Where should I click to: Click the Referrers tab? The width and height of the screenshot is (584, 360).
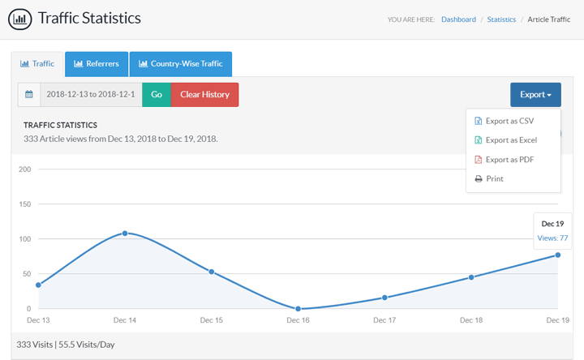[x=97, y=64]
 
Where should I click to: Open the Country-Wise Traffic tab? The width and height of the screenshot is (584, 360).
[x=181, y=64]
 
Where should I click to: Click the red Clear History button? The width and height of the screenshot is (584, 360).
[x=204, y=95]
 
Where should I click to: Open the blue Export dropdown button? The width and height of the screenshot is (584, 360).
[x=535, y=95]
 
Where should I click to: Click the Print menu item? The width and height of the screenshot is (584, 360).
[x=495, y=178]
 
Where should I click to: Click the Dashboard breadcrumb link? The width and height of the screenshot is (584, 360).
[x=458, y=19]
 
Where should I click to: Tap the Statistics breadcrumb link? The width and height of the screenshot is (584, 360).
[x=501, y=19]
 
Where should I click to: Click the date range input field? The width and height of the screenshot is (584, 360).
[x=91, y=95]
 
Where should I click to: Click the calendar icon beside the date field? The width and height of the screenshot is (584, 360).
[x=29, y=95]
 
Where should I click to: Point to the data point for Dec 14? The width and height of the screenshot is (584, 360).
[x=125, y=234]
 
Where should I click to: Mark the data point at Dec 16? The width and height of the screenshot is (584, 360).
[x=298, y=309]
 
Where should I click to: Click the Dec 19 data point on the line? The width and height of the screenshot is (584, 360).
[x=558, y=255]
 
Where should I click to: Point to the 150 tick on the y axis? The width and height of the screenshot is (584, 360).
[x=24, y=204]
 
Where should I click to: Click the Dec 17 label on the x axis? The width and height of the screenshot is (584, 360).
[x=384, y=321]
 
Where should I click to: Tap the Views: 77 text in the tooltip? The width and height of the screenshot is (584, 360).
[x=552, y=238]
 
